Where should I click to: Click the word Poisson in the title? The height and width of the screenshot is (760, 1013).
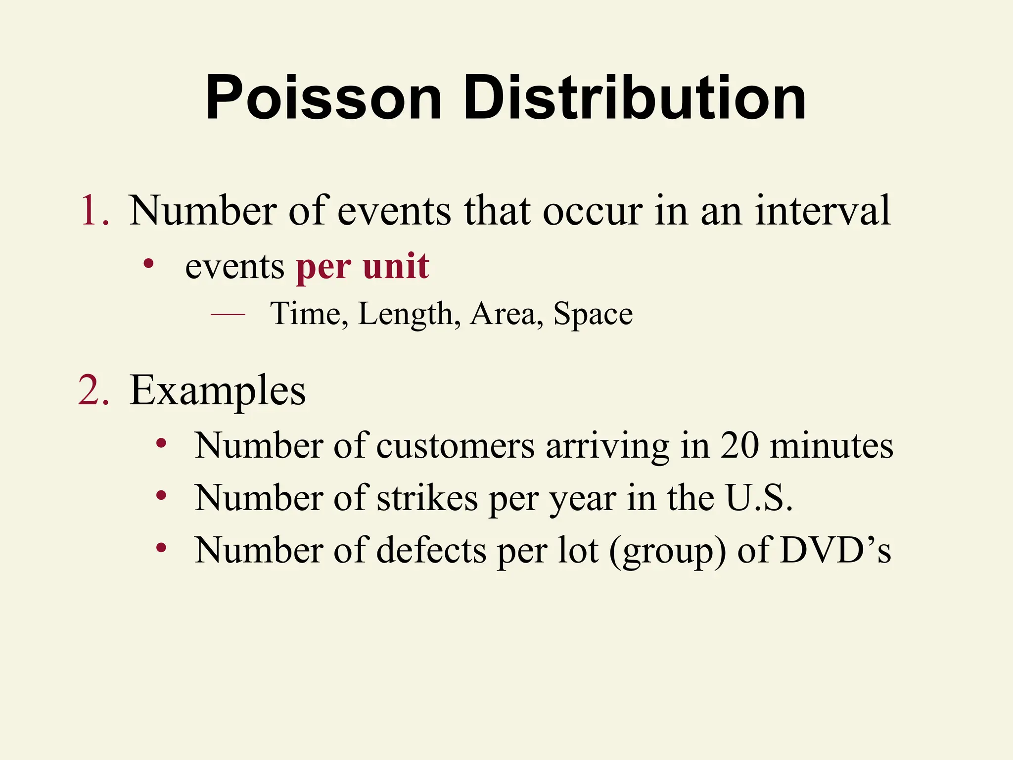point(324,97)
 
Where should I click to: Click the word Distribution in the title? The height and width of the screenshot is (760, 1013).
point(635,97)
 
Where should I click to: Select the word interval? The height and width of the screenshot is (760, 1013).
point(823,211)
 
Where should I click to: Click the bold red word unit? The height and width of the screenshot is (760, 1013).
point(396,266)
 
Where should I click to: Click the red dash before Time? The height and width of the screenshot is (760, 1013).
point(228,314)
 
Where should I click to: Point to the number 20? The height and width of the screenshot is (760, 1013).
point(739,446)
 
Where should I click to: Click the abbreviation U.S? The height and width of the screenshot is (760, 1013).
point(759,498)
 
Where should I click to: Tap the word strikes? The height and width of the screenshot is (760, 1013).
point(427,498)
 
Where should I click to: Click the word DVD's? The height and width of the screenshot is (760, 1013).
point(835,550)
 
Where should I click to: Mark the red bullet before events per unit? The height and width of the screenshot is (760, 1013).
point(148,264)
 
